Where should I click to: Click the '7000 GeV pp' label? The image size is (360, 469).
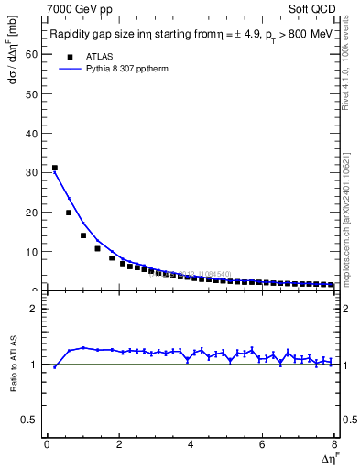80,8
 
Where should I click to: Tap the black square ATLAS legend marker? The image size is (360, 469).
66,56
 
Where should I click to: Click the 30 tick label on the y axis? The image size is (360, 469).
33,172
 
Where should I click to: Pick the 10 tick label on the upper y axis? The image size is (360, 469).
33,251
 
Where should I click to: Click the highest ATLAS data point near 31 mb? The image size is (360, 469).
55,168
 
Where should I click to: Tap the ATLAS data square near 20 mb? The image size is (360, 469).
69,213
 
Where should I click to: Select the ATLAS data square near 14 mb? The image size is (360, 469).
83,235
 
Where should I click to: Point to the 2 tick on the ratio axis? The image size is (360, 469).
36,309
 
